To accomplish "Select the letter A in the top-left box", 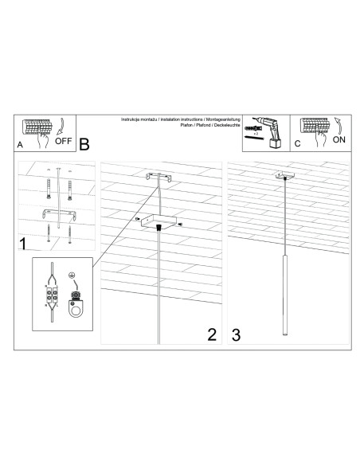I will tap(20, 146).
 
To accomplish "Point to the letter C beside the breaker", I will tap(296, 145).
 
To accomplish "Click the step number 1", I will tap(24, 242).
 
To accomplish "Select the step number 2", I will tap(212, 334).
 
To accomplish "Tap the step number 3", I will tap(237, 334).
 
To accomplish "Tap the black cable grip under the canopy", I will tap(161, 229).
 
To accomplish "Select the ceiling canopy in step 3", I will tap(284, 174).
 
